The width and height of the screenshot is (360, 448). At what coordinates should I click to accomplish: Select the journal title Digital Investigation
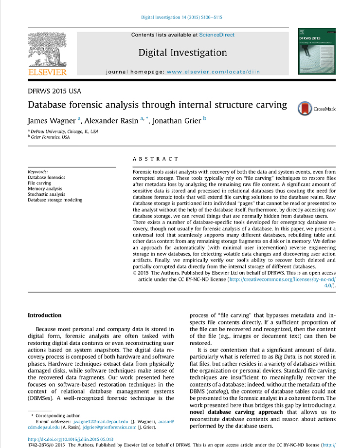coord(182,53)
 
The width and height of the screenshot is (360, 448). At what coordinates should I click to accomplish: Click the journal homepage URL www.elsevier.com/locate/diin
coord(213,72)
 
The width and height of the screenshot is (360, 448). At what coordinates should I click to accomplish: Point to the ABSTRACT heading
coord(155,159)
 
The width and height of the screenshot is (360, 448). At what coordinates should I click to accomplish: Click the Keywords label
coord(38,172)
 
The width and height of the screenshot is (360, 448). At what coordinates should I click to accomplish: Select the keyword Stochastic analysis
coord(46,194)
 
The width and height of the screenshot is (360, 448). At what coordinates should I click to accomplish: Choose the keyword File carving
coord(39,183)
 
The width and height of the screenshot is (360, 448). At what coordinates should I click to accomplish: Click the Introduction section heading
coord(44,316)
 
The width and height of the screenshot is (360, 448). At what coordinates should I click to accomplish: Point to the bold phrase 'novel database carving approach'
coord(236,412)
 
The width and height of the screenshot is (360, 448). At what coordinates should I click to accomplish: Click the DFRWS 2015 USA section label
coord(54,91)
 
